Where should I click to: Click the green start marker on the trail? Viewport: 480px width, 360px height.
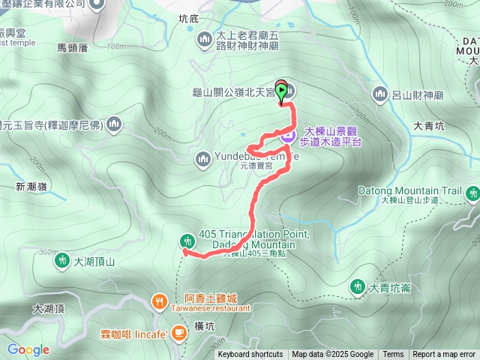(281, 92)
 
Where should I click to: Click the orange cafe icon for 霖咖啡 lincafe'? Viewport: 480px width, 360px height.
(178, 331)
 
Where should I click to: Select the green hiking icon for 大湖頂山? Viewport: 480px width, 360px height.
(61, 262)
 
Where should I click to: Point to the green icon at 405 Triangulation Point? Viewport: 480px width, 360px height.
(187, 241)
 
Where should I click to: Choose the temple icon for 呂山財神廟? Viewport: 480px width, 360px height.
(379, 94)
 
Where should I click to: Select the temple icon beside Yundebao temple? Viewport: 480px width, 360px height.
(202, 158)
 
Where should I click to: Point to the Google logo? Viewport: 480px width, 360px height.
(28, 349)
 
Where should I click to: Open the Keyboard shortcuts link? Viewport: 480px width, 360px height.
(250, 355)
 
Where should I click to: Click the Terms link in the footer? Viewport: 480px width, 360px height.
(393, 355)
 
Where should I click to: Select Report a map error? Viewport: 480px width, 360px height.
(444, 355)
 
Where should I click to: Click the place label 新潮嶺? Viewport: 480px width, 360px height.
(31, 187)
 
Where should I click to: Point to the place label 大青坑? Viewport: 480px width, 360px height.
(429, 125)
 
